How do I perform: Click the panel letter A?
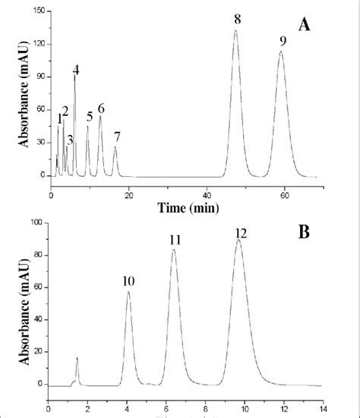(305, 26)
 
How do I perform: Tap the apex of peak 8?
(235, 31)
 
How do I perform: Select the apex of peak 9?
(281, 52)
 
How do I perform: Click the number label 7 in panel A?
(116, 137)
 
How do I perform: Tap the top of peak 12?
(239, 241)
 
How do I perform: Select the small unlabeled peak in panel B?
(77, 358)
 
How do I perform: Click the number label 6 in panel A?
(100, 108)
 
